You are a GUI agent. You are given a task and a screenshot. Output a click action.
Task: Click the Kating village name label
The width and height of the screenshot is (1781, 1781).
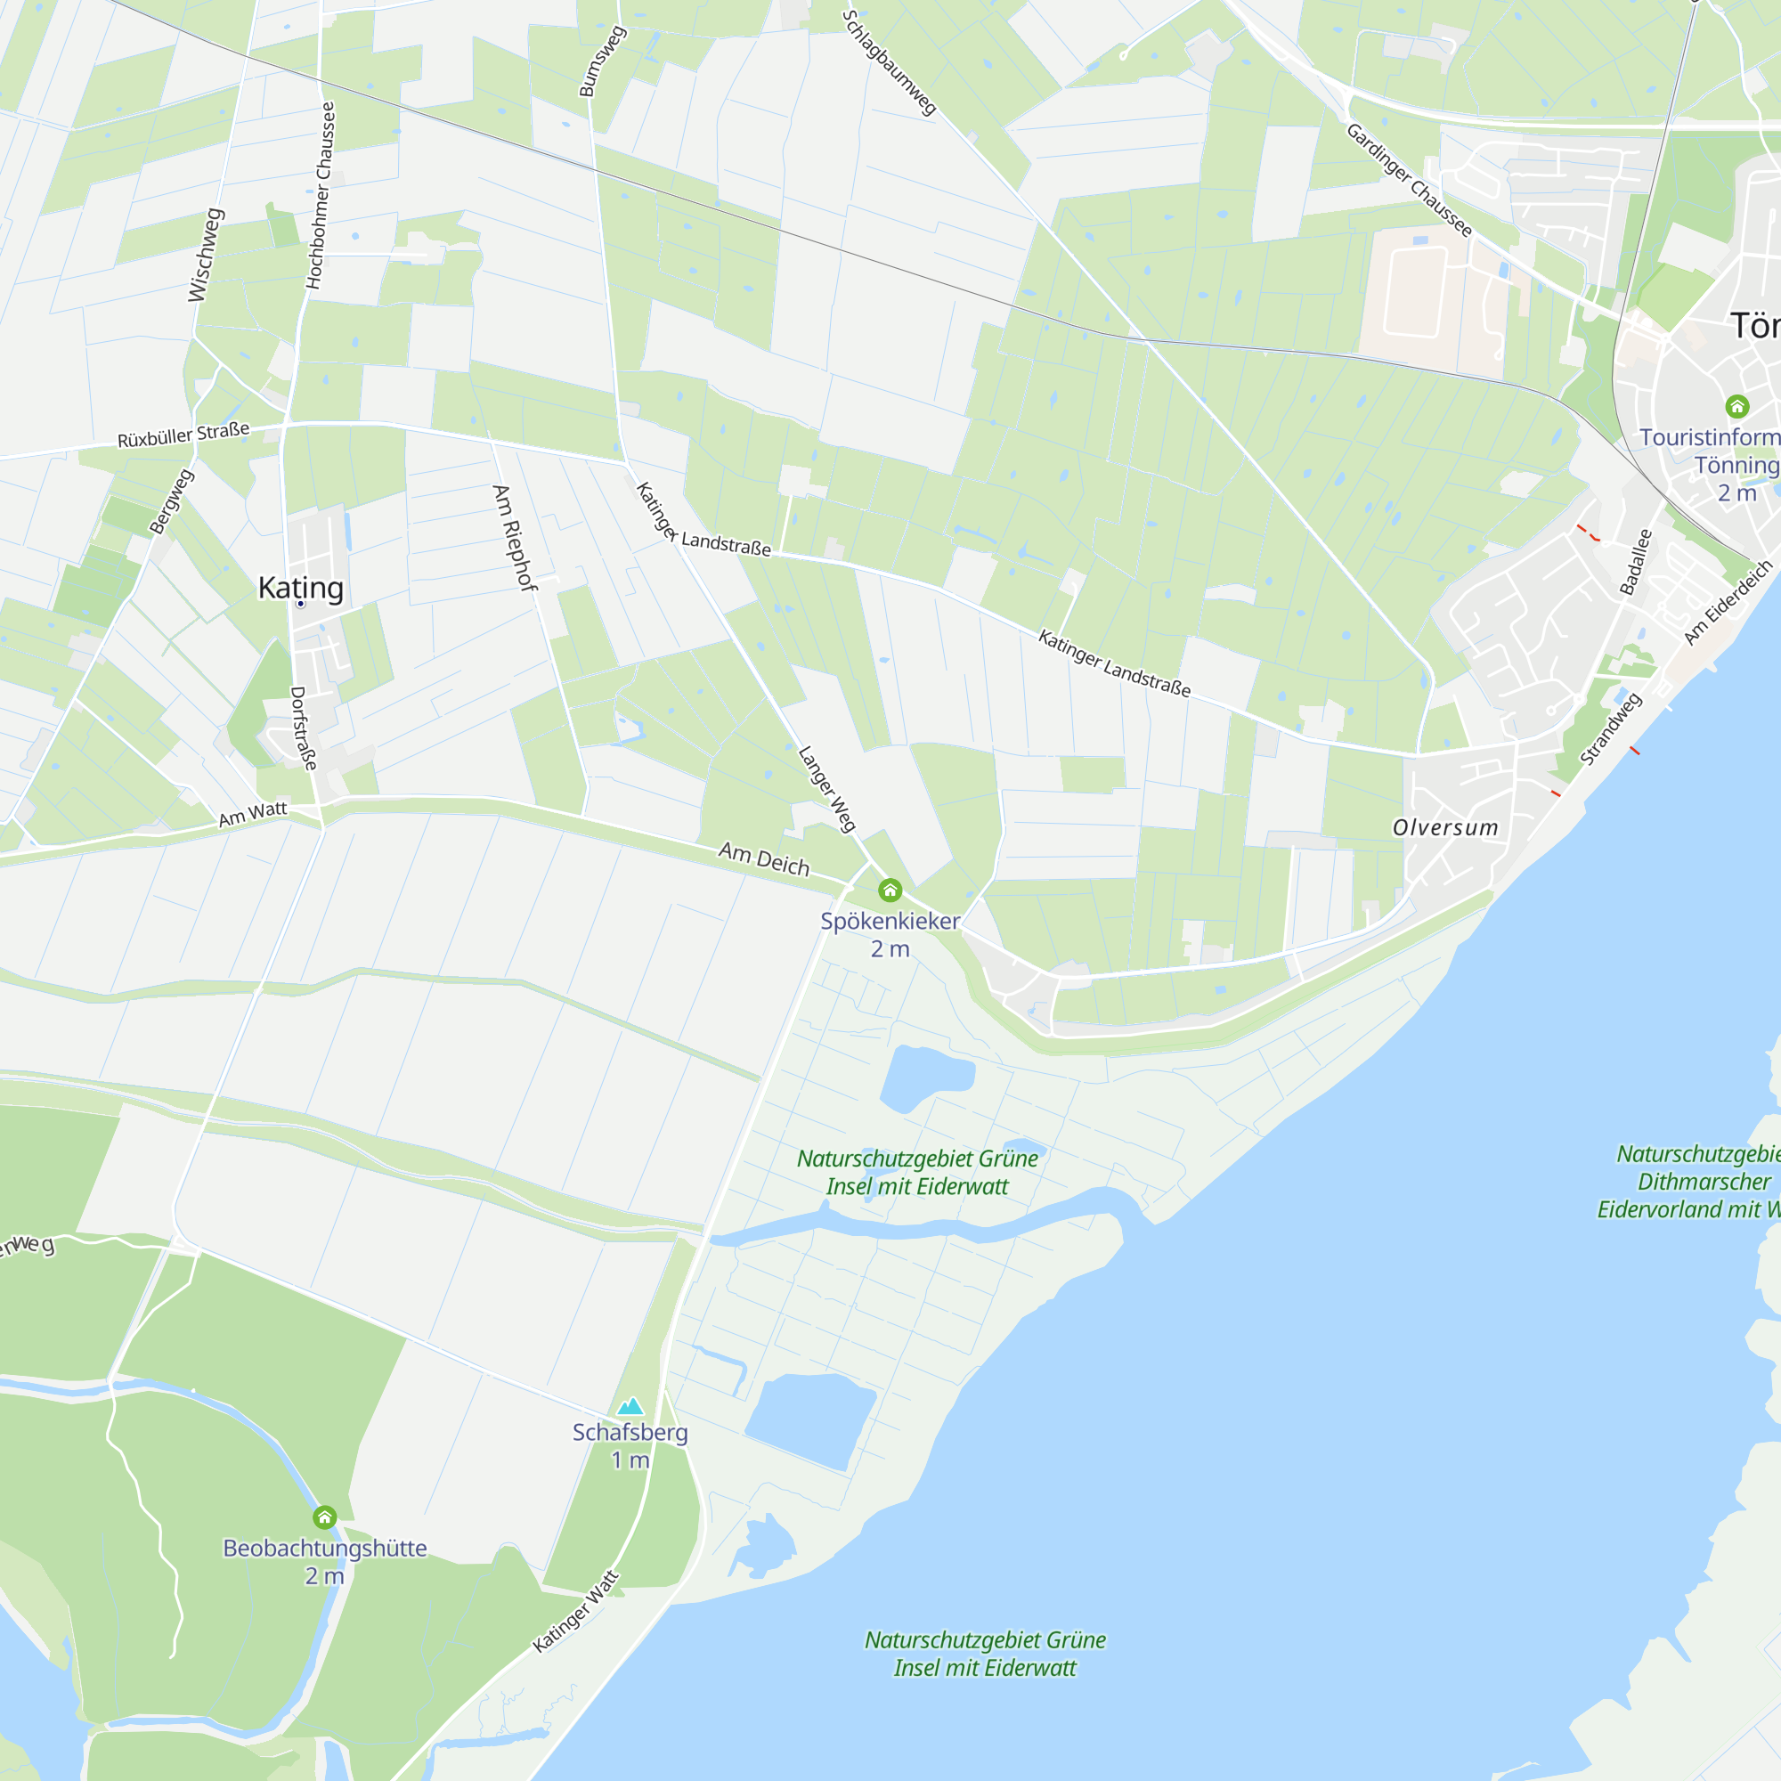pos(300,587)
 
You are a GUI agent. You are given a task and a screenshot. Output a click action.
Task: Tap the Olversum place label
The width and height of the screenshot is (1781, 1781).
pos(1444,827)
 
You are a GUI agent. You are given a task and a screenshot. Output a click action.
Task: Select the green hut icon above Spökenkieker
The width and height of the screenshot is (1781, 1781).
pos(890,890)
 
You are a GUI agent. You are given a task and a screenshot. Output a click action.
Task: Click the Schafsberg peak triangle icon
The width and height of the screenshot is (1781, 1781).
pos(630,1406)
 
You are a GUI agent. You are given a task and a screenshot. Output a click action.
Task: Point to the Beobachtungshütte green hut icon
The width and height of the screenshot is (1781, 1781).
pos(324,1517)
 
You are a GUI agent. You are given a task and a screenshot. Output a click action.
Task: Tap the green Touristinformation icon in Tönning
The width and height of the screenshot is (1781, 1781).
pos(1736,405)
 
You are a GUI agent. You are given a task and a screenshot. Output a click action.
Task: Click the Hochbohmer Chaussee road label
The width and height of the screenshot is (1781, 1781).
pos(321,195)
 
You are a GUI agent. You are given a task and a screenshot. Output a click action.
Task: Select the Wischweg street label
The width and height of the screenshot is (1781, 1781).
pos(205,255)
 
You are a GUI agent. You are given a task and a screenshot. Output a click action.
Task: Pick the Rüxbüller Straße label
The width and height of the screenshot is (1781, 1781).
pos(183,435)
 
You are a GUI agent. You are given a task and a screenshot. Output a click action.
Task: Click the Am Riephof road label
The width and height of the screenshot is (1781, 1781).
pos(515,538)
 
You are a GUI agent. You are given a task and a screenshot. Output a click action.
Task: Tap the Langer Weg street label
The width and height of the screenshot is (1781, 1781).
pos(827,788)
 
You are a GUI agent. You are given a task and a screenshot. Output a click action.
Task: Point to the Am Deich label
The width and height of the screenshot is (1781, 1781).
pos(763,858)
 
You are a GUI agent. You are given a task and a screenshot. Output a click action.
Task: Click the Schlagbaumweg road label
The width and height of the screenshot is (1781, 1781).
pos(889,61)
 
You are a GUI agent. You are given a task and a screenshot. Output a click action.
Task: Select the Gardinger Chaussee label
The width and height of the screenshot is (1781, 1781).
pos(1409,180)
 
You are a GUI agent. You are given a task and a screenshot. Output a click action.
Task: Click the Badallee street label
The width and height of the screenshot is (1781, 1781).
pos(1636,561)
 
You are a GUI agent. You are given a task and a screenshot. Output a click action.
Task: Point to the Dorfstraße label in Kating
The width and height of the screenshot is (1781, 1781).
pos(304,728)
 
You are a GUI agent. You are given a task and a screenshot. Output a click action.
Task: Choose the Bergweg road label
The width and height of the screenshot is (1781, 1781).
pos(172,501)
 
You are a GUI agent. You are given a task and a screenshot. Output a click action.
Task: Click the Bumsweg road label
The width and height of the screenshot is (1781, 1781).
pos(602,61)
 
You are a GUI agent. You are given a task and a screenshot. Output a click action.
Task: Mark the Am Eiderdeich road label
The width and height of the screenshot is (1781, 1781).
pos(1728,602)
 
